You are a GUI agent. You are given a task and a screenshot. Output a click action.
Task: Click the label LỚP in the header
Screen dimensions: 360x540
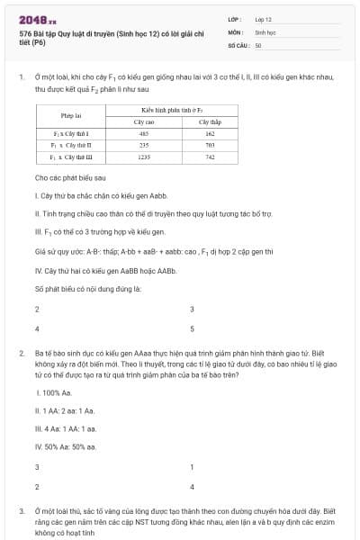[235, 19]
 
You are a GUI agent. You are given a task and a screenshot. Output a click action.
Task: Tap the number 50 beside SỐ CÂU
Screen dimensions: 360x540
[258, 44]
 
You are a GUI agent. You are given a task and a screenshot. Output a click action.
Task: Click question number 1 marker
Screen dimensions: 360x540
[21, 77]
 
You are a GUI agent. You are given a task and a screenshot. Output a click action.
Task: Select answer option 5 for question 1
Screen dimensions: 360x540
[192, 328]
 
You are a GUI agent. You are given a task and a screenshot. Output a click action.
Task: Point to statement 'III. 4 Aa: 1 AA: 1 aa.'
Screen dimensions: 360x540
[66, 429]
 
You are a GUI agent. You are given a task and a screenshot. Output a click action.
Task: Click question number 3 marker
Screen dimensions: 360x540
[21, 510]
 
